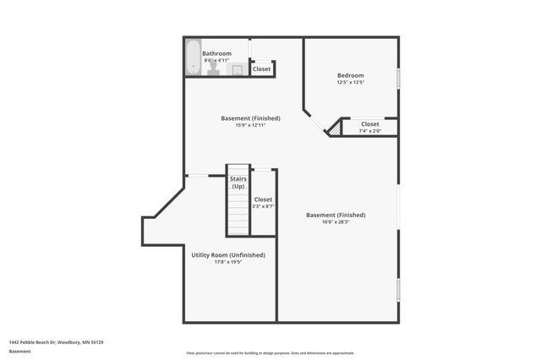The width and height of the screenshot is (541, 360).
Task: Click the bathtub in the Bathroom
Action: pos(193,57)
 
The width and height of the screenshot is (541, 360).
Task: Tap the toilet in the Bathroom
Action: pos(213,70)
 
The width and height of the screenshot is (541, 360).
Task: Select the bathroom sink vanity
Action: pos(238,70)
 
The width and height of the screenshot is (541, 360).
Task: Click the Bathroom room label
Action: pos(216,53)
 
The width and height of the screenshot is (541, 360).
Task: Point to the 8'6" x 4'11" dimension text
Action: pos(216,60)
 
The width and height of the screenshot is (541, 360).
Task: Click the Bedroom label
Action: pos(350,75)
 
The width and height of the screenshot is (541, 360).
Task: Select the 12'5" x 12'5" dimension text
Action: pos(350,82)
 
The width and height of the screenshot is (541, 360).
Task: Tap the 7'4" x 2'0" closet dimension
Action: pos(370,131)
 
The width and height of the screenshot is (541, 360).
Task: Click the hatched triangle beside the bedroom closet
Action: pos(335,128)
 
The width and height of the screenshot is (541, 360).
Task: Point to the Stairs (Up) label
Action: pos(238,183)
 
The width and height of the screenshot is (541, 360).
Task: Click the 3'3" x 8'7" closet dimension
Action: pos(263,206)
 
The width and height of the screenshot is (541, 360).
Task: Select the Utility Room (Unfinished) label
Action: pos(228,255)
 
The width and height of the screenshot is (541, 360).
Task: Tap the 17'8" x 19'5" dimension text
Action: pos(228,262)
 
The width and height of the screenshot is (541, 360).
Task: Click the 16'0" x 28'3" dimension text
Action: pos(336,222)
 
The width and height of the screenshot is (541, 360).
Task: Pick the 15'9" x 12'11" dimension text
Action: pos(250,125)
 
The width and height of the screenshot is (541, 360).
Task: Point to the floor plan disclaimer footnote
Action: pos(270,353)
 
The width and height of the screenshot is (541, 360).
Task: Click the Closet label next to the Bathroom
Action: pos(262,69)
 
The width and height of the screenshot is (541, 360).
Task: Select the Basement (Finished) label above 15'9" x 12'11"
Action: pos(250,118)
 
